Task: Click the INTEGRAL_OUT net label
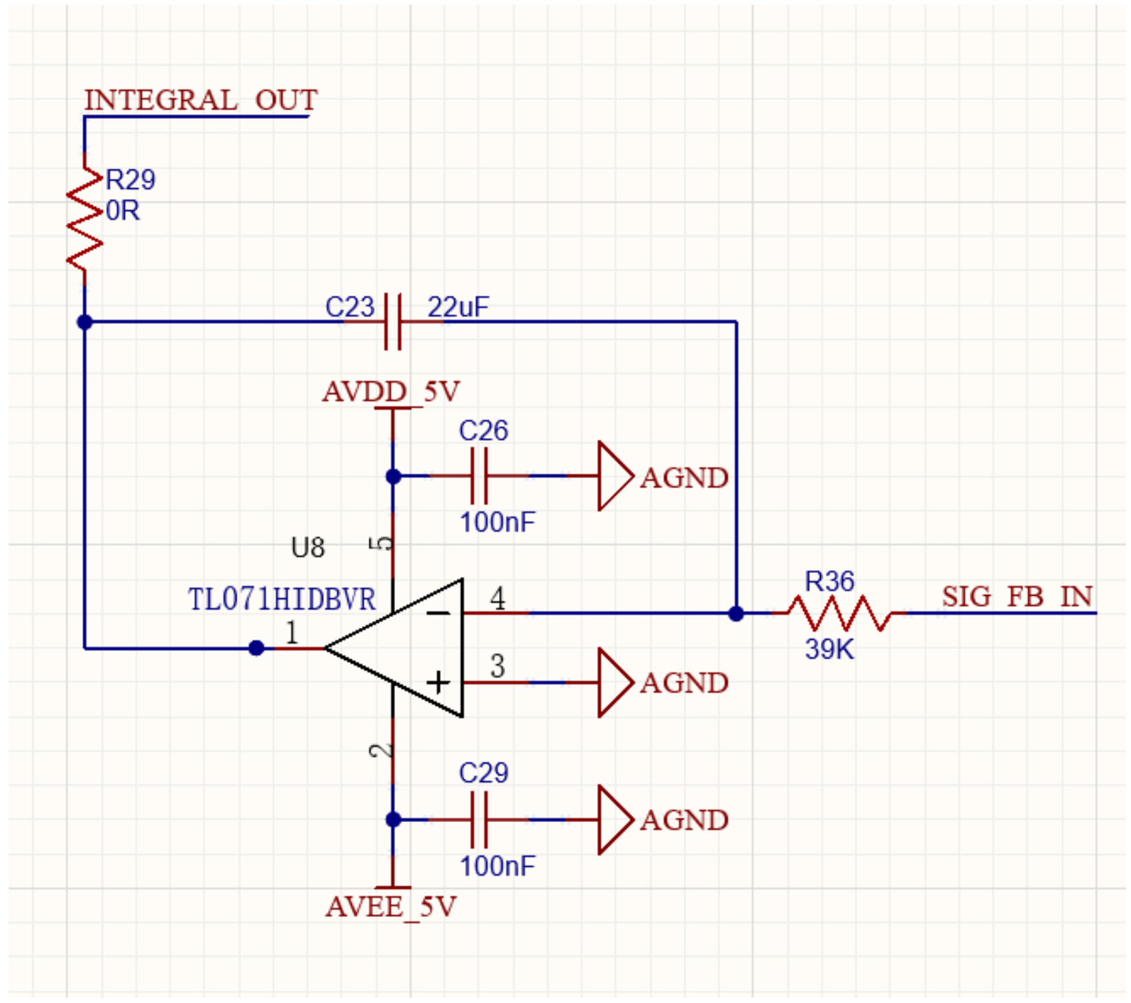tap(200, 100)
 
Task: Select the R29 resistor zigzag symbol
tap(85, 219)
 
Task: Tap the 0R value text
tap(123, 211)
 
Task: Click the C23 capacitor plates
tap(393, 322)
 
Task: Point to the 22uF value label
tap(458, 307)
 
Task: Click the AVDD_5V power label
tap(391, 392)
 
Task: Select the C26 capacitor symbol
tap(479, 476)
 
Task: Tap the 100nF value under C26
tap(497, 522)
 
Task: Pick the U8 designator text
tap(308, 548)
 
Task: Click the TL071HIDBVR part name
tap(282, 599)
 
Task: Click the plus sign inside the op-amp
tap(438, 682)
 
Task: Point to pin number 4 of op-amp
tap(498, 598)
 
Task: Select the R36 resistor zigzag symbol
tap(838, 613)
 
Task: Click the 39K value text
tap(829, 649)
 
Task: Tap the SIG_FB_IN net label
tap(1017, 596)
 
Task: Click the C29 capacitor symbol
tap(479, 819)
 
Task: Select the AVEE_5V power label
tap(391, 907)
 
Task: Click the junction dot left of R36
tap(736, 613)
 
